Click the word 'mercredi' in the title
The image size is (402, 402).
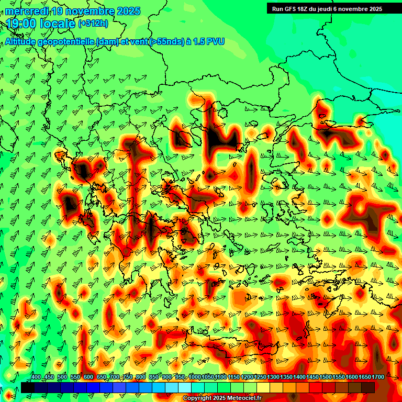[x=25, y=11]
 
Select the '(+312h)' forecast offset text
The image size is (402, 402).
[x=93, y=23]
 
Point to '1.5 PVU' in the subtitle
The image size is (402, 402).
[x=209, y=42]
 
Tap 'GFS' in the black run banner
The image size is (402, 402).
[x=292, y=9]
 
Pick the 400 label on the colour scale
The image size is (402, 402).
[x=36, y=377]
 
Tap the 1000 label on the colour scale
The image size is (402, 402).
[x=194, y=377]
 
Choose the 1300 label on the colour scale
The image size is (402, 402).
[x=273, y=377]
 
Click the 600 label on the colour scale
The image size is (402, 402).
[x=88, y=377]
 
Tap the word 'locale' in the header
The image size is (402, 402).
[x=57, y=24]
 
